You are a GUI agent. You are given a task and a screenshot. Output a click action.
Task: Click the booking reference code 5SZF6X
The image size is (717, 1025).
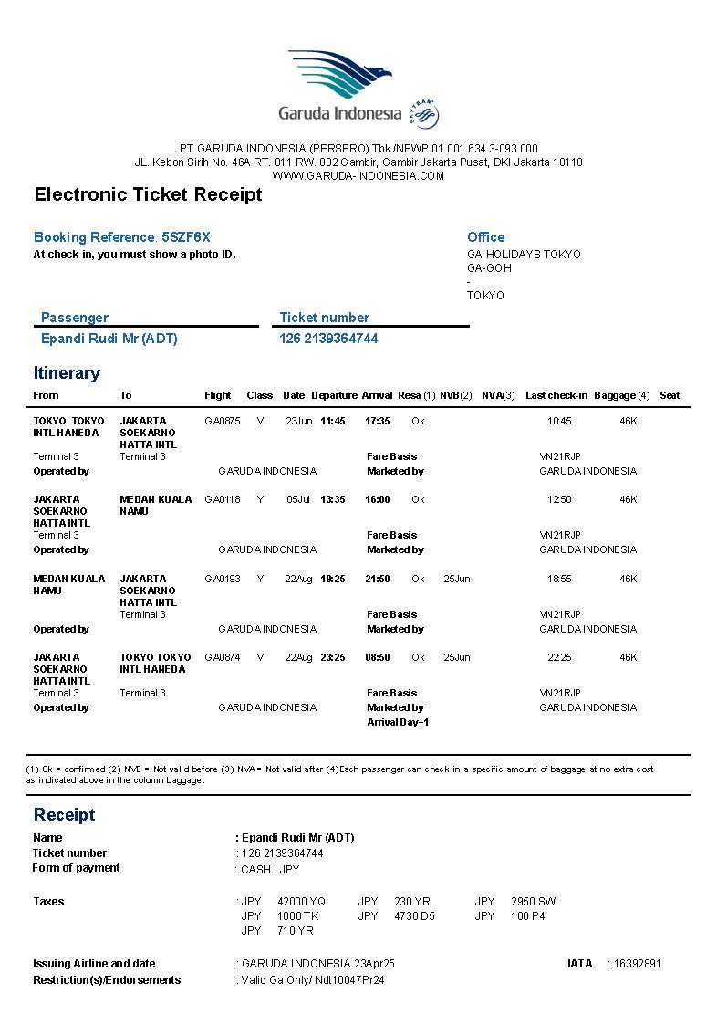tap(186, 237)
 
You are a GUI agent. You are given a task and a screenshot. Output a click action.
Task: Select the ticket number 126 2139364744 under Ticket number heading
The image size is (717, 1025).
tap(328, 339)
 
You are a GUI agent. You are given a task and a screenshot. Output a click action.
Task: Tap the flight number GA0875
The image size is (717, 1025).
tap(223, 421)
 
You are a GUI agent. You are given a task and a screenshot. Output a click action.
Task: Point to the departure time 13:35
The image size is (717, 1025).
tap(333, 499)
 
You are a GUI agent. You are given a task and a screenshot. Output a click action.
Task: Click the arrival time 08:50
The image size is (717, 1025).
tap(378, 657)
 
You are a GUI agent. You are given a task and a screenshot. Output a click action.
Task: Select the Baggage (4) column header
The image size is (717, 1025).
tap(622, 395)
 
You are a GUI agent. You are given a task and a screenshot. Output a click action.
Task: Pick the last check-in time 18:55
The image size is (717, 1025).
tap(559, 579)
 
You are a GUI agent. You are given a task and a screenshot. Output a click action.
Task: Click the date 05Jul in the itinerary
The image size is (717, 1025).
tap(298, 499)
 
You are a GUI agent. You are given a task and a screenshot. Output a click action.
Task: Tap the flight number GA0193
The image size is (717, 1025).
tap(223, 579)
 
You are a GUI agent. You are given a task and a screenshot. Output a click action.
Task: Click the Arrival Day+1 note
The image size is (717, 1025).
tap(398, 722)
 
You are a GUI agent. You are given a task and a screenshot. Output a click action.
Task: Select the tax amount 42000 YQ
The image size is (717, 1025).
tap(301, 901)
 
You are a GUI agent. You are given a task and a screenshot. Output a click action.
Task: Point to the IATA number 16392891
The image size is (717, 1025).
tap(638, 963)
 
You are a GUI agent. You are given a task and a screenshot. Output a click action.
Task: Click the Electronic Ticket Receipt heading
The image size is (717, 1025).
tap(148, 194)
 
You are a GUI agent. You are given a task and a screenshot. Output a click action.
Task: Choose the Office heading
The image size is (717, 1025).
tap(485, 237)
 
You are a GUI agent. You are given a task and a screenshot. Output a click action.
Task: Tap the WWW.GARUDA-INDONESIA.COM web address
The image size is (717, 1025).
tap(358, 175)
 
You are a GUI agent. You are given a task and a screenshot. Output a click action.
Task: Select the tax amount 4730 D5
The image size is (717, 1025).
tap(415, 915)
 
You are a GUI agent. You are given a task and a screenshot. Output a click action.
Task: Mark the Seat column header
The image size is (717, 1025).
tap(670, 395)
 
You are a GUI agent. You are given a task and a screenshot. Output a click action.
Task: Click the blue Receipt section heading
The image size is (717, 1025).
tap(64, 814)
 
